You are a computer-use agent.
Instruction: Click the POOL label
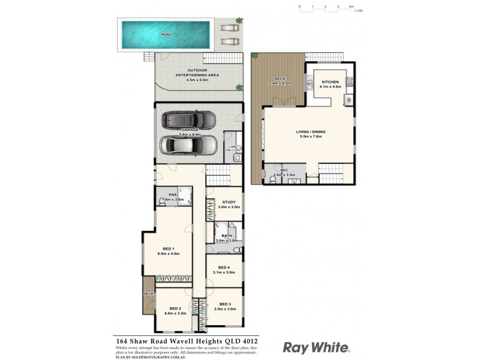pos(166,35)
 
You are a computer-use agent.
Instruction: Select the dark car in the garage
pos(188,120)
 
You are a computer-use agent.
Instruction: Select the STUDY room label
pos(228,204)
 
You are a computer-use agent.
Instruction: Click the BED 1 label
pos(168,251)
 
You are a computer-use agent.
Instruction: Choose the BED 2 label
pos(175,310)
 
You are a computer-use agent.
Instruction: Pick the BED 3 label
pos(225,307)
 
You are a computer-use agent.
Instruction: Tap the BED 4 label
pos(223,269)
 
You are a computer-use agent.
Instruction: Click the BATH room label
pos(227,238)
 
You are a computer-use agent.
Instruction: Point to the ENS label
pos(172,196)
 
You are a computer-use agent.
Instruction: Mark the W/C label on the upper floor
pos(284,171)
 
